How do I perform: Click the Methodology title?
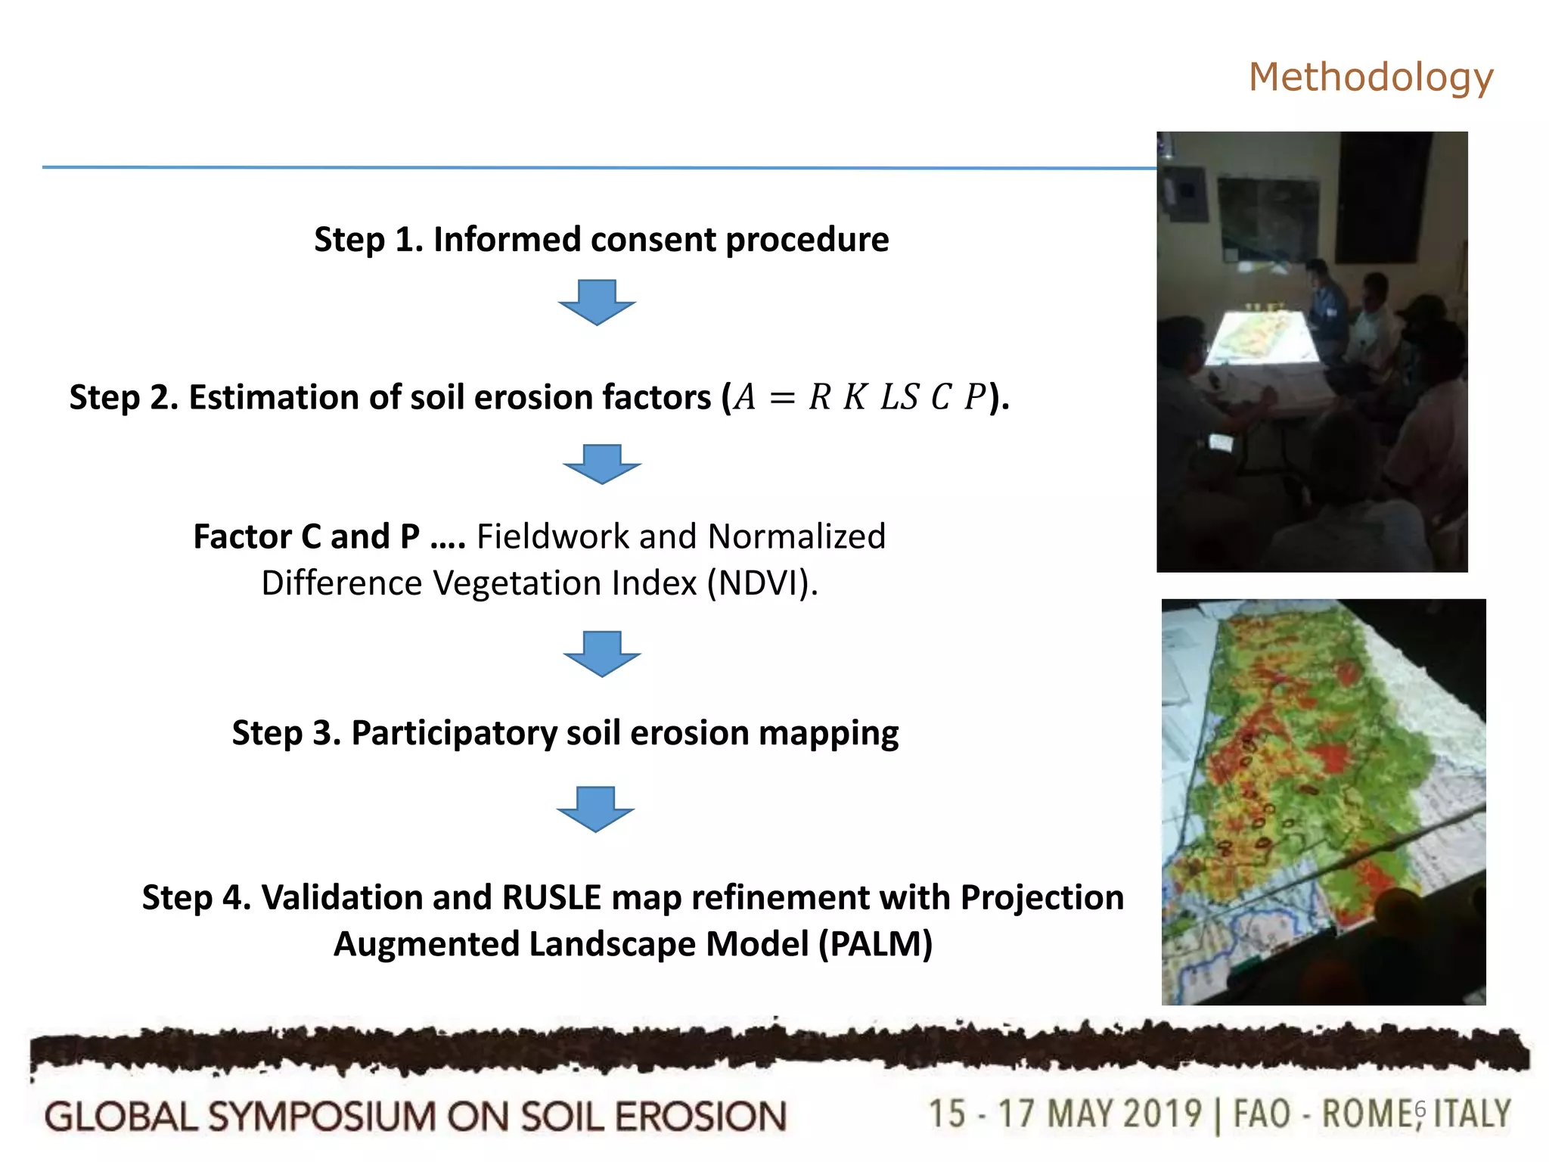(x=1371, y=77)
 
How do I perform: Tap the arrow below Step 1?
(x=597, y=302)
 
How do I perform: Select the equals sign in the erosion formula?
(x=782, y=398)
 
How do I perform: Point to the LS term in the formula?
(x=899, y=398)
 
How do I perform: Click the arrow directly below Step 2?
(x=602, y=464)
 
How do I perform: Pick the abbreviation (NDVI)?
(x=762, y=583)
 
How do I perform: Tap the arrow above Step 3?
(x=602, y=653)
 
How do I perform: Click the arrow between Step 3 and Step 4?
(x=596, y=809)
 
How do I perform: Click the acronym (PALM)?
(x=876, y=944)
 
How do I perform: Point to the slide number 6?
(x=1420, y=1109)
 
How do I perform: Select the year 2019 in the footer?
(x=1162, y=1114)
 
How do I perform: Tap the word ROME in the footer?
(x=1366, y=1114)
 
